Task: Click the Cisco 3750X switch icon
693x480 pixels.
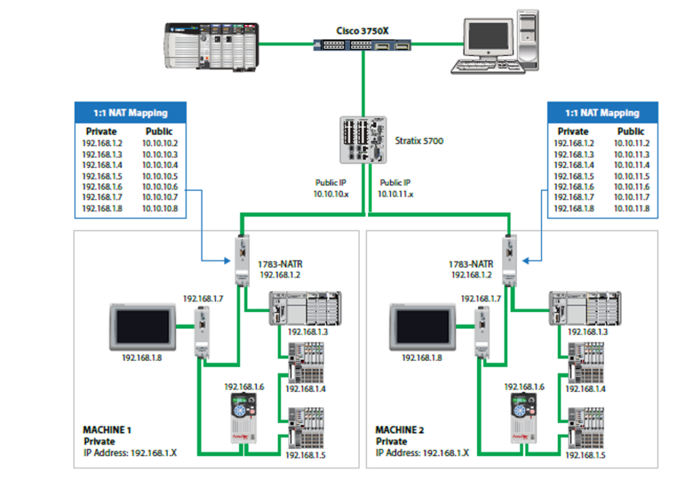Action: point(363,45)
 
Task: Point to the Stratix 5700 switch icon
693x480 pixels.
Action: point(363,139)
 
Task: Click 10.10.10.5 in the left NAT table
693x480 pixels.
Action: point(160,176)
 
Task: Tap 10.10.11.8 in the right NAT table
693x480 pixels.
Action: point(631,209)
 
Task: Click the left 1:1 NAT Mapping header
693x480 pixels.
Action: point(131,112)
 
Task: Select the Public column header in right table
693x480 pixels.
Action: point(631,131)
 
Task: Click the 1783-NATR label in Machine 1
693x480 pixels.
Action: point(276,265)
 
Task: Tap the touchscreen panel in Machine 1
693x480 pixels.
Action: point(143,326)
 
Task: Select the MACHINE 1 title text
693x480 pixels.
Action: point(106,430)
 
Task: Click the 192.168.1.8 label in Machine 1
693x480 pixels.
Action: point(141,357)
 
